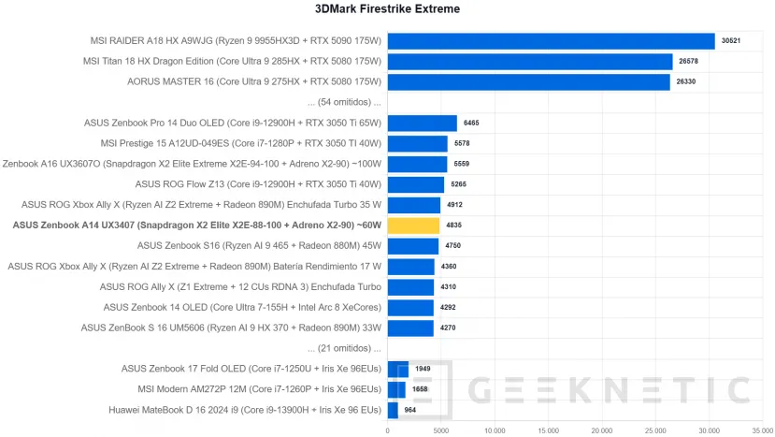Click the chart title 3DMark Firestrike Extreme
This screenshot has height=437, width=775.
(388, 9)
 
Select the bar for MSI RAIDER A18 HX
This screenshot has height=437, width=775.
(551, 41)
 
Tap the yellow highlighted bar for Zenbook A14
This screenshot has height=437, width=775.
(413, 226)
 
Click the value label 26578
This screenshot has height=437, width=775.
(689, 62)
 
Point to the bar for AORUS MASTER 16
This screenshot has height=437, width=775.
(528, 81)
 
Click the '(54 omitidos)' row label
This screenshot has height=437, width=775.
(337, 102)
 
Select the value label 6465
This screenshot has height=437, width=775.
(471, 124)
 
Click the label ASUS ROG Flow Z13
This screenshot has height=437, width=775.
(258, 184)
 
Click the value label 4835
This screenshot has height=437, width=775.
(453, 226)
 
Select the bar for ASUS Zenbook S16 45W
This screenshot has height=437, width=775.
(412, 246)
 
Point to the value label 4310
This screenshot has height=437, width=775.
(449, 286)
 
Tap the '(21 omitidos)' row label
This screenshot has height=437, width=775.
(337, 348)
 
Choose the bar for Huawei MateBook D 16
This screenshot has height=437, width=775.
(393, 409)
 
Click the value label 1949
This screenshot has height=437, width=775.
(423, 369)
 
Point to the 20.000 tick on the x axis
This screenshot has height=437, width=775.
(602, 430)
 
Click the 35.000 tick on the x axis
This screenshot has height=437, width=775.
(762, 430)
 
